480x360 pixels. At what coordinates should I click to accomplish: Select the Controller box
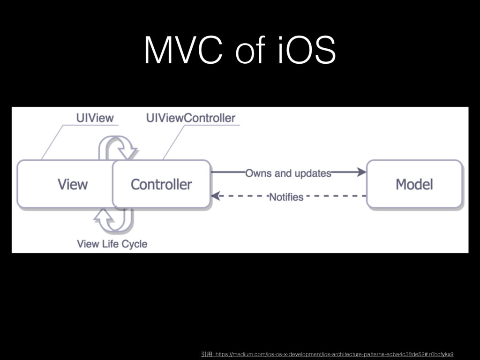pyautogui.click(x=161, y=184)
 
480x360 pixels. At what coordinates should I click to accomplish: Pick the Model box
pyautogui.click(x=414, y=184)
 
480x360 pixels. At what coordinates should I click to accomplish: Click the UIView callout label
pyautogui.click(x=95, y=118)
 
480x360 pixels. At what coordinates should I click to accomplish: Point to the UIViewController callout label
pyautogui.click(x=191, y=118)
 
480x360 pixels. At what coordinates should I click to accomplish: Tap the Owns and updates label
pyautogui.click(x=288, y=173)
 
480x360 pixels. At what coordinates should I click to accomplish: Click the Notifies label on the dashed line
pyautogui.click(x=286, y=197)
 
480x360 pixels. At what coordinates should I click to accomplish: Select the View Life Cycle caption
pyautogui.click(x=112, y=244)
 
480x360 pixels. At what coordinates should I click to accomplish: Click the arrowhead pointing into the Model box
pyautogui.click(x=361, y=172)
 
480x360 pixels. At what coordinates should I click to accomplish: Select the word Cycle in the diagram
pyautogui.click(x=135, y=244)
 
